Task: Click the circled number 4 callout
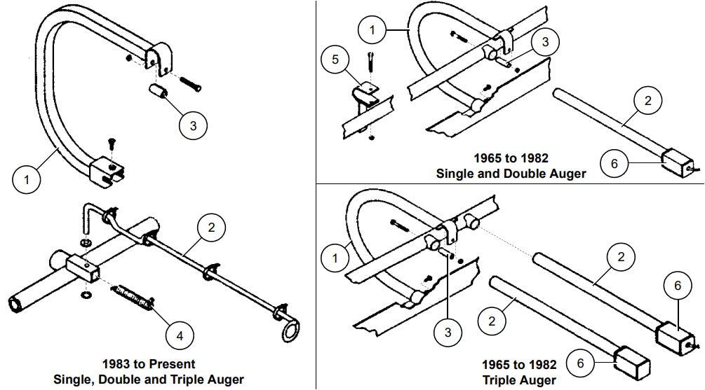coord(180,335)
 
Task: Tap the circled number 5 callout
coord(335,59)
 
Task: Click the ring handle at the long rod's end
coord(292,329)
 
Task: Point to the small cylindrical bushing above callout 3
coord(158,92)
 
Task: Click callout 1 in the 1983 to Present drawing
coord(27,180)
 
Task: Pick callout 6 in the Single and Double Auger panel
coord(615,163)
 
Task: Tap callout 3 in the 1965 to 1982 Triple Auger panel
coord(448,331)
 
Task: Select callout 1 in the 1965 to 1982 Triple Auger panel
coord(335,258)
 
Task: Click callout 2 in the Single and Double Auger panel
coord(647,101)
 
